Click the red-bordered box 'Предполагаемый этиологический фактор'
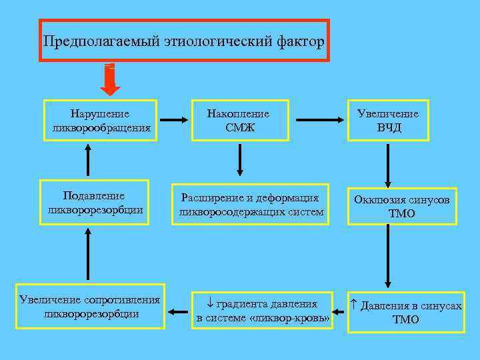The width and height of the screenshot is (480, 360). click(x=185, y=41)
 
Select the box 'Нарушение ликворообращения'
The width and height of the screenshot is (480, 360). click(x=101, y=121)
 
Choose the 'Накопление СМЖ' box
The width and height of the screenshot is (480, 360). click(x=240, y=121)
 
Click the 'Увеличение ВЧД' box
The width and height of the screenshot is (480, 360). click(x=388, y=121)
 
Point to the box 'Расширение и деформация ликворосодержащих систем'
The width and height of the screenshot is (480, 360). click(x=251, y=205)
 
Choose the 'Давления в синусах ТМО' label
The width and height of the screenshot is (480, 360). click(x=406, y=311)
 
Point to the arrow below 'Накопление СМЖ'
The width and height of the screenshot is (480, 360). click(x=240, y=157)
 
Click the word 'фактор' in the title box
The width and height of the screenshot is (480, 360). click(x=299, y=42)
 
